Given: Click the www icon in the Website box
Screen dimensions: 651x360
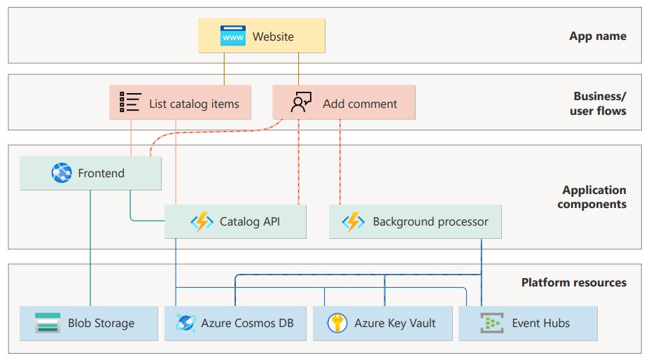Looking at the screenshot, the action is (232, 36).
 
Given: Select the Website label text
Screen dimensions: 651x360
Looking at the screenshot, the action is (273, 36).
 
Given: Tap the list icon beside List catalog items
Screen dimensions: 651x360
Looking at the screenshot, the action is (130, 102).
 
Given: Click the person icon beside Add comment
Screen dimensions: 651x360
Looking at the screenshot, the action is (301, 102).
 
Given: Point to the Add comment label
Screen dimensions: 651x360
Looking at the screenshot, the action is (360, 104).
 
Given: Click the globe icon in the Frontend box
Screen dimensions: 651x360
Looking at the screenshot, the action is (62, 173).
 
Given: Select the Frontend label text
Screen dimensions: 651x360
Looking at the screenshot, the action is (101, 173).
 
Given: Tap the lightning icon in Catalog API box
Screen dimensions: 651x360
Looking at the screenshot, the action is (202, 222).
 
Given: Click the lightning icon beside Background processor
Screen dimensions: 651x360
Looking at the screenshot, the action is (353, 222).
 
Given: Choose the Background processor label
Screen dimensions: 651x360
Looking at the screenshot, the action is (430, 222).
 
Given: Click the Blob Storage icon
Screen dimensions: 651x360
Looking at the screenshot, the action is (48, 323).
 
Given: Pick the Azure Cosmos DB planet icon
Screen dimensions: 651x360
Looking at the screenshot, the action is (185, 323).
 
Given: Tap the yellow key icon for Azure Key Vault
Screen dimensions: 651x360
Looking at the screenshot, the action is (337, 323).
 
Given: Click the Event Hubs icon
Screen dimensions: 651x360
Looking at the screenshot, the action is (492, 323).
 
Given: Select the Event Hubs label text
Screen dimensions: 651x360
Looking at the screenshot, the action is (540, 323).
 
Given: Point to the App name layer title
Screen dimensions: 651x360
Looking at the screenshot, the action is (598, 36).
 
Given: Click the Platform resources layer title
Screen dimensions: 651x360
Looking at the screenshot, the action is (574, 282).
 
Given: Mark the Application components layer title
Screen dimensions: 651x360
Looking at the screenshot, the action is (592, 197).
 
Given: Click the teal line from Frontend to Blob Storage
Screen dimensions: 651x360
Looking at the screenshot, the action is (90, 249).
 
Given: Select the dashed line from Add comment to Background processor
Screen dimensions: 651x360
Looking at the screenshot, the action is (340, 162).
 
